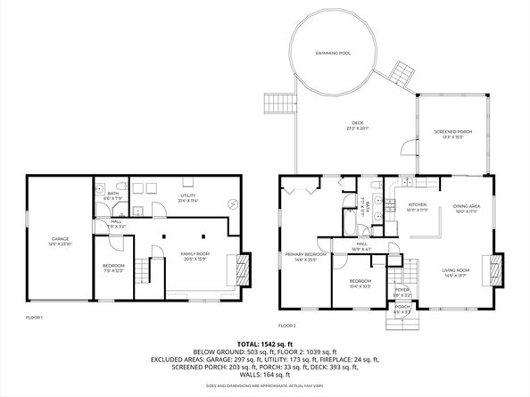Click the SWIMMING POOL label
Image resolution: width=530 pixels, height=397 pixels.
332,54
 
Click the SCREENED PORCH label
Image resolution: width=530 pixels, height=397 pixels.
451,134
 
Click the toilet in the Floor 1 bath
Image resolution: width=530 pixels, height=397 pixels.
97,189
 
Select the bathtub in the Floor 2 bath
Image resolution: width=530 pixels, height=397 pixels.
347,219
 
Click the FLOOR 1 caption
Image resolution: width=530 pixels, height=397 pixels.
34,318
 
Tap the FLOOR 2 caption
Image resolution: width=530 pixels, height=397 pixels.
286,326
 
